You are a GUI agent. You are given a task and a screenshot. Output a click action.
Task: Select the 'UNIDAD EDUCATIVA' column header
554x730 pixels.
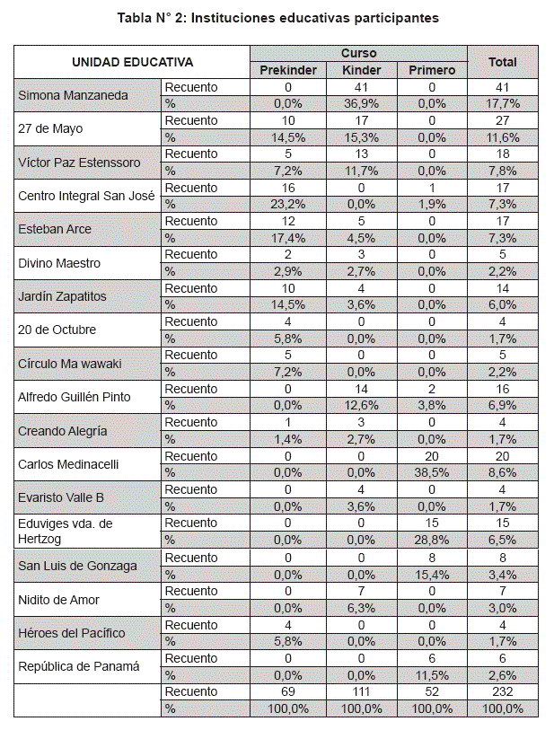tap(132, 62)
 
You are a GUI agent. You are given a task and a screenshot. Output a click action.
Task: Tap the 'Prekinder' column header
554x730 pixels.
tap(289, 70)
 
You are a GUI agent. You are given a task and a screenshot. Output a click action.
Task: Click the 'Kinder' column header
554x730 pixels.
tap(363, 70)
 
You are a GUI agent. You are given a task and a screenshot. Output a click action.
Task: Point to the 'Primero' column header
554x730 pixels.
tap(432, 70)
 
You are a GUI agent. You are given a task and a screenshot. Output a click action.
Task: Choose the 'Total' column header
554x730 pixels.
tap(502, 62)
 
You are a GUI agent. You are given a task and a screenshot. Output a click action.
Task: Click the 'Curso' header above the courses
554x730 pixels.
tap(359, 54)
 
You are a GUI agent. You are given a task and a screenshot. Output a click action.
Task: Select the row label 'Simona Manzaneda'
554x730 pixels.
tap(74, 95)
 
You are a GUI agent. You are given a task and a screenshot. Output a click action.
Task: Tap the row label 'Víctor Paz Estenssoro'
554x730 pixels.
tap(80, 162)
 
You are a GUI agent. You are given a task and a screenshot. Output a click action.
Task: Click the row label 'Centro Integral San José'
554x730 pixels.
tap(86, 196)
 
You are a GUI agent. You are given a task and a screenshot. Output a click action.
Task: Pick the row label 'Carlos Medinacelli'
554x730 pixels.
tap(68, 463)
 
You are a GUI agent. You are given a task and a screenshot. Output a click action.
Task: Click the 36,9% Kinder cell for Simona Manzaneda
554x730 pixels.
tap(363, 104)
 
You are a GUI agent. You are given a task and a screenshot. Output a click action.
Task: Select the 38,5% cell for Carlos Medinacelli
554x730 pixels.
tap(432, 472)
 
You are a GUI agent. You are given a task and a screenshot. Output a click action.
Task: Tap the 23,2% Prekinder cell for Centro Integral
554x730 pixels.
tap(289, 205)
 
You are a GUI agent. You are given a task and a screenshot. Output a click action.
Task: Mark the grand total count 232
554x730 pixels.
tap(502, 691)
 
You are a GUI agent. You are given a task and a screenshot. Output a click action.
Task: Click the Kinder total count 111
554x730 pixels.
tap(363, 691)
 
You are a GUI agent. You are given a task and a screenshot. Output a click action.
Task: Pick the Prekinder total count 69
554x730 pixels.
tap(289, 691)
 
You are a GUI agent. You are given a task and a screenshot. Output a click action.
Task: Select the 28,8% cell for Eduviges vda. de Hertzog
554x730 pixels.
tap(432, 540)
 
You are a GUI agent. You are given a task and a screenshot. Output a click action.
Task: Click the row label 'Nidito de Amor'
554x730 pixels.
tap(58, 598)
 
